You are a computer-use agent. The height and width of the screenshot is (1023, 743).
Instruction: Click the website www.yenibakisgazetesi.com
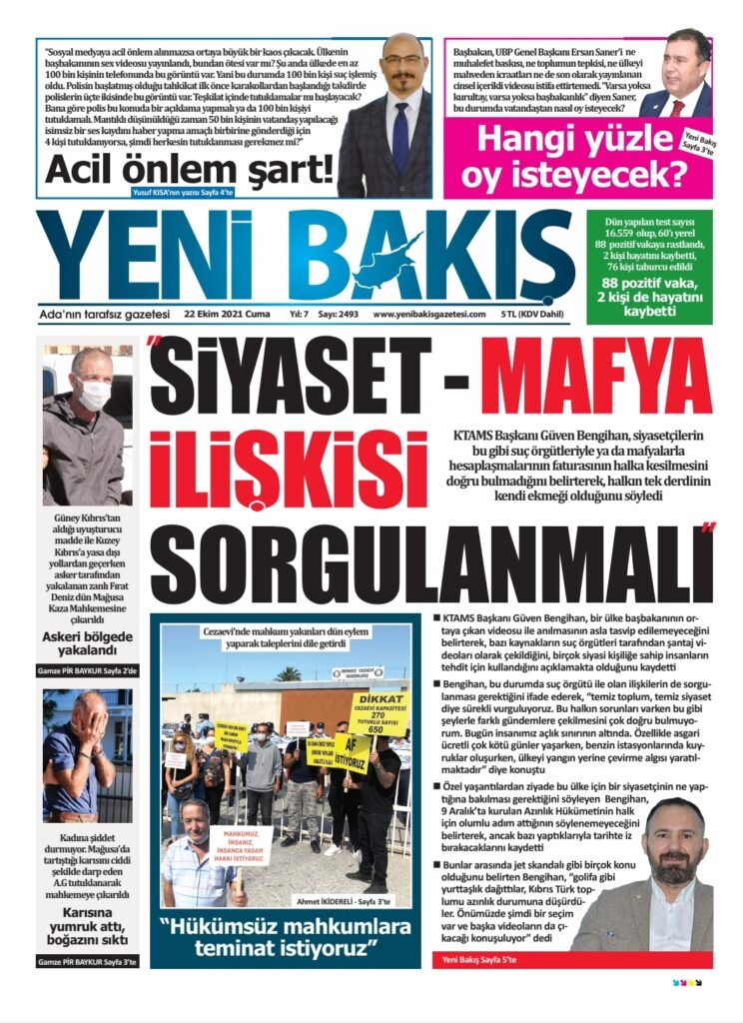pos(429,314)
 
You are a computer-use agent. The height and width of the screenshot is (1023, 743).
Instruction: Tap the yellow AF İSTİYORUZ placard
pos(353,751)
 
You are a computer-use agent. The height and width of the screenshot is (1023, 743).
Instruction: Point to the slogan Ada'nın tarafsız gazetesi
pos(106,314)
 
